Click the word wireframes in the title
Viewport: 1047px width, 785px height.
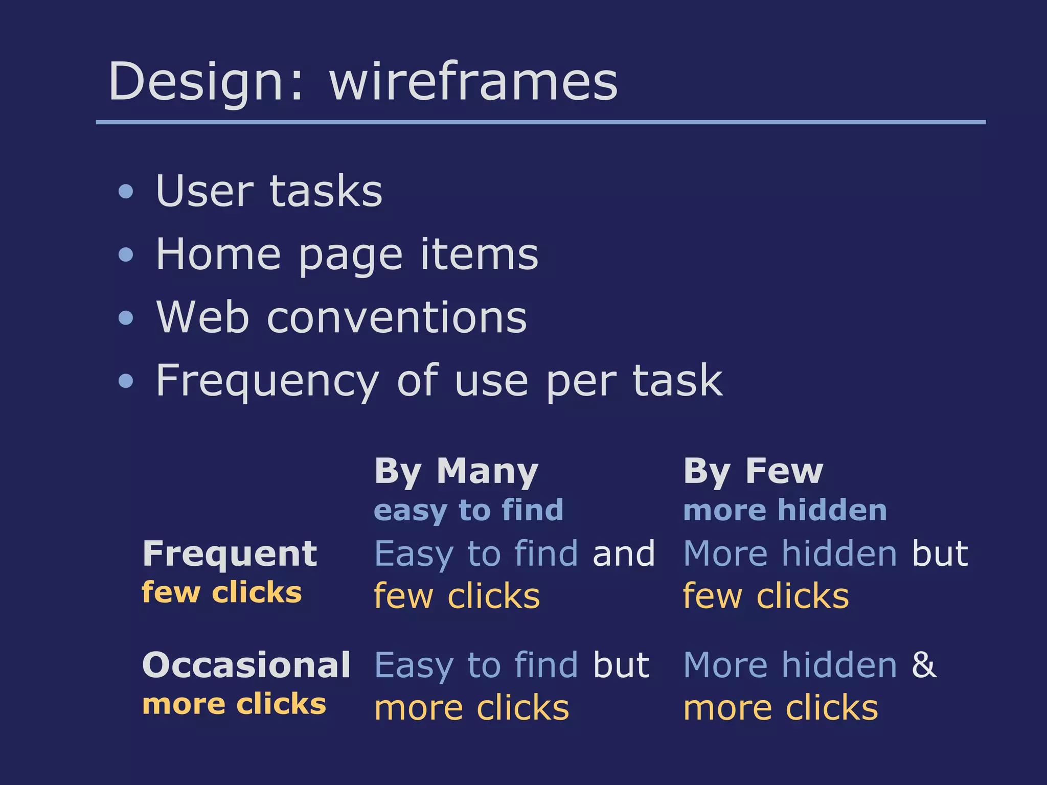point(473,82)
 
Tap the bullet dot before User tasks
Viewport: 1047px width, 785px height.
point(125,192)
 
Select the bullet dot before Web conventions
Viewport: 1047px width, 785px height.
point(125,318)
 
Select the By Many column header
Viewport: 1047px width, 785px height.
point(456,471)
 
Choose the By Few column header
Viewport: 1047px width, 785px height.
point(753,471)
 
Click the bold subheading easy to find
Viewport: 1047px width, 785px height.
point(468,510)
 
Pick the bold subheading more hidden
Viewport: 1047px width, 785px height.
point(785,510)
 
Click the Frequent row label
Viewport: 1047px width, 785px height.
point(230,553)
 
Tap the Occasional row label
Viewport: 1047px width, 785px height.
point(246,665)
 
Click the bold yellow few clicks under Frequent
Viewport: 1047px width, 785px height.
point(221,592)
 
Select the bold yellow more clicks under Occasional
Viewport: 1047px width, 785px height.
point(234,704)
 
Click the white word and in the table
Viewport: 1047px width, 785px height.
point(623,553)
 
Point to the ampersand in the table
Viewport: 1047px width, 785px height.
point(924,665)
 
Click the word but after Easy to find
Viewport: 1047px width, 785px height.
point(621,665)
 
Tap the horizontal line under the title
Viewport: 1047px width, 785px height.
point(540,122)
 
